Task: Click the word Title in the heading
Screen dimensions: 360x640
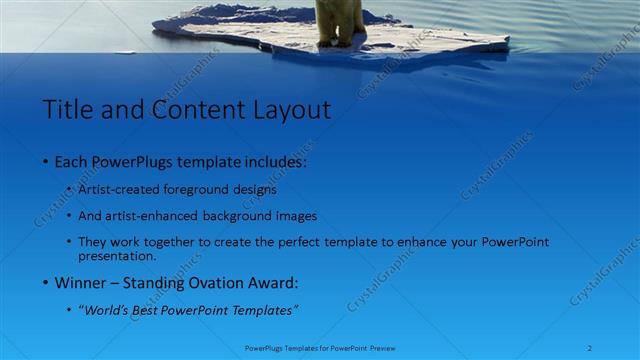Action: (67, 109)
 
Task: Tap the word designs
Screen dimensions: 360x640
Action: (255, 189)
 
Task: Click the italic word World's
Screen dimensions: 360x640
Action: (106, 310)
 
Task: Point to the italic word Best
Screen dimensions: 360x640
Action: (152, 310)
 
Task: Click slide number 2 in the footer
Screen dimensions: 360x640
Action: (590, 349)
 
